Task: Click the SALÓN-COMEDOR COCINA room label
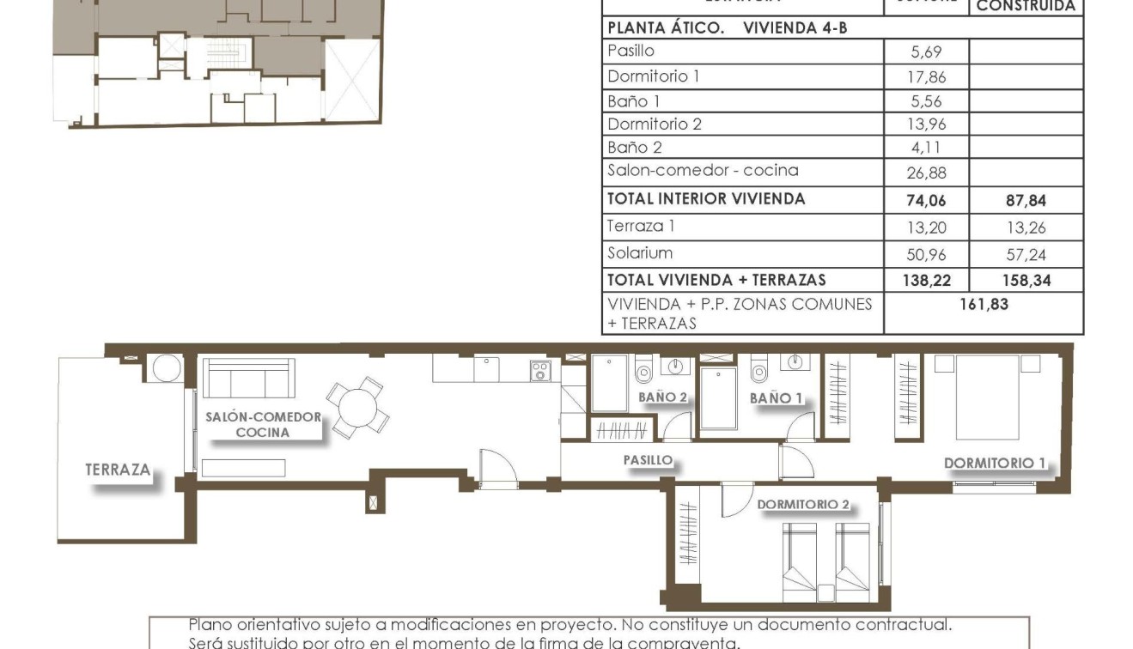point(263,425)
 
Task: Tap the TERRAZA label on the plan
point(118,470)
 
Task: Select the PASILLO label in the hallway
point(648,460)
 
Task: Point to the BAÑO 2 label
point(662,397)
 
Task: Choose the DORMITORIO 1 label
point(995,464)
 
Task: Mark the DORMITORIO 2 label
point(802,505)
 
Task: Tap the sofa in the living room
point(249,378)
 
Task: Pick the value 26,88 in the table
point(926,173)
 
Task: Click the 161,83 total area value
point(984,304)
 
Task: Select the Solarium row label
point(640,252)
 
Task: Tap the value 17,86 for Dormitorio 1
point(926,77)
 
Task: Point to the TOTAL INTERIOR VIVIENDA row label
point(706,199)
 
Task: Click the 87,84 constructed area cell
point(1026,202)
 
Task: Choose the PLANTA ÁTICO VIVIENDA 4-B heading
point(727,27)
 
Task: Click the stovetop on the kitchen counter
point(540,371)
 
